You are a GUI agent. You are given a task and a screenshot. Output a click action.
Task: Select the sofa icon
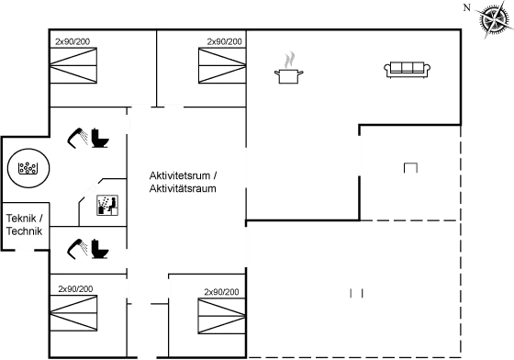tap(408, 69)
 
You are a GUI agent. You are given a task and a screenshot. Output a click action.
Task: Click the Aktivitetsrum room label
tap(181, 182)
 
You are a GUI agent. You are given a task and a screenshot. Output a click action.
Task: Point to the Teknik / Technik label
tap(24, 225)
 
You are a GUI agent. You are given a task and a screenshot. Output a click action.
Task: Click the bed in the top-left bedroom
tap(74, 66)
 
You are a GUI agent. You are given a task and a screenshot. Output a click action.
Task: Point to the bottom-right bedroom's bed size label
tap(221, 292)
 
